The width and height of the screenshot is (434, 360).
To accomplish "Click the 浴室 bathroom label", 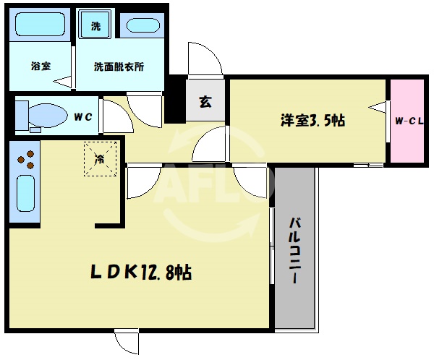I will [41, 67].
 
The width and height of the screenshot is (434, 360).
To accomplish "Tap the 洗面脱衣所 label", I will [119, 67].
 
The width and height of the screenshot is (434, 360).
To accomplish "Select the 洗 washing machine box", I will [95, 27].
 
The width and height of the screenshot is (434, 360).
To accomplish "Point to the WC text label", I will [81, 114].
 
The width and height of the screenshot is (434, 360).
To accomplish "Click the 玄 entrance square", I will [205, 101].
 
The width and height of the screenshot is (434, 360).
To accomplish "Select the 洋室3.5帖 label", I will [312, 120].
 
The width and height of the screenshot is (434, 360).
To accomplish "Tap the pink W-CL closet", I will [407, 121].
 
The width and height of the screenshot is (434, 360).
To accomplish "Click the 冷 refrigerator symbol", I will [99, 158].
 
